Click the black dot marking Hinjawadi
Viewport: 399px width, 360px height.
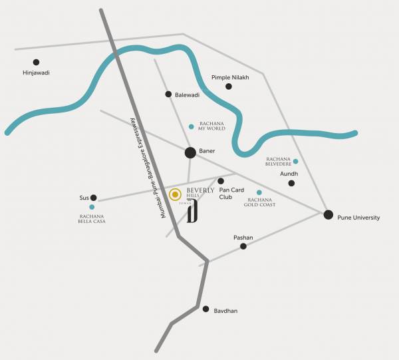(36, 62)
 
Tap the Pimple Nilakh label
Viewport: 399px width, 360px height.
(230, 77)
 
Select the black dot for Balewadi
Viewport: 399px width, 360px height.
(169, 94)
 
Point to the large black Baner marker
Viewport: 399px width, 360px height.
(190, 152)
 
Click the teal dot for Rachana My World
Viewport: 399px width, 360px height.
(192, 126)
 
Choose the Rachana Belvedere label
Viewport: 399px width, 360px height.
(279, 162)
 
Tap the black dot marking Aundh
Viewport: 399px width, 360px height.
(291, 183)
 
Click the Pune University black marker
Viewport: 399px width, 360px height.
(328, 214)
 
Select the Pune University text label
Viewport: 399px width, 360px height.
(359, 218)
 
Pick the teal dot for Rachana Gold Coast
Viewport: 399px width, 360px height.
(259, 192)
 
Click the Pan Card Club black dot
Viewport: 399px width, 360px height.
(221, 181)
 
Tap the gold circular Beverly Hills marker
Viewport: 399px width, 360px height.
(175, 195)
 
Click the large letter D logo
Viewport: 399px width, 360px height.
(192, 213)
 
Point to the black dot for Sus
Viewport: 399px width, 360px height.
(94, 198)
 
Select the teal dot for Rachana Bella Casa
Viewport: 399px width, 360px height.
(92, 207)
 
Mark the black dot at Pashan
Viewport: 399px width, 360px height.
(243, 246)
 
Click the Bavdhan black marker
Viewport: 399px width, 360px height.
(206, 309)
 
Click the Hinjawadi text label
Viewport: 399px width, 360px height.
(36, 73)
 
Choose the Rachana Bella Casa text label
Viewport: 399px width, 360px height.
(92, 218)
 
